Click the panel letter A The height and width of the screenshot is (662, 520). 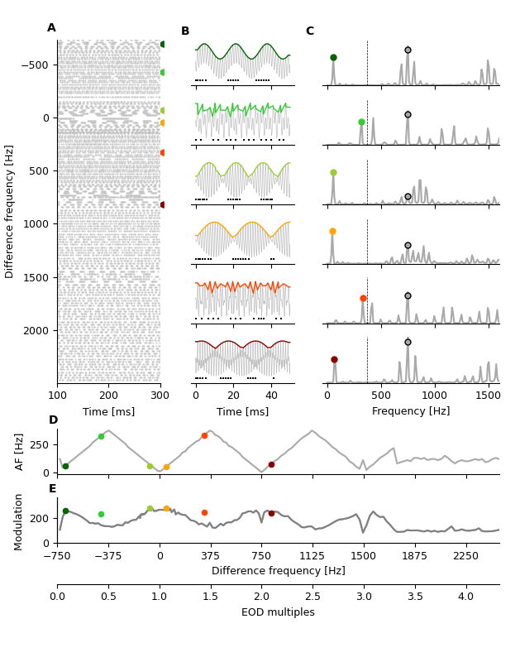click(x=51, y=28)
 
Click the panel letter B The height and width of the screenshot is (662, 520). click(x=185, y=31)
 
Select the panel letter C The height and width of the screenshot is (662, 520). click(x=310, y=31)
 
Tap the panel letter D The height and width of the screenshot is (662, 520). click(x=53, y=420)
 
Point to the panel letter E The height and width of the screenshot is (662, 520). click(x=53, y=489)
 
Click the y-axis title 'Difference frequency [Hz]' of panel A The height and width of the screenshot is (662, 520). click(x=10, y=211)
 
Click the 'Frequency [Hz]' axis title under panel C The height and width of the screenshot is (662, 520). click(x=411, y=411)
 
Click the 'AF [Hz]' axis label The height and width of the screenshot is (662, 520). click(x=20, y=451)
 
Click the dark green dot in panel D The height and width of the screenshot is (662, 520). click(x=65, y=466)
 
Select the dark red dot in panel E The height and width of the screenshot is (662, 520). click(x=271, y=513)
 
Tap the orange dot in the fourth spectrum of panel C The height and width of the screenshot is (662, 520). click(x=332, y=232)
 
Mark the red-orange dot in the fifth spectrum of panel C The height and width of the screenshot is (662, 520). click(x=363, y=298)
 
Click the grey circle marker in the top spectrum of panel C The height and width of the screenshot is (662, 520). click(x=408, y=50)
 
